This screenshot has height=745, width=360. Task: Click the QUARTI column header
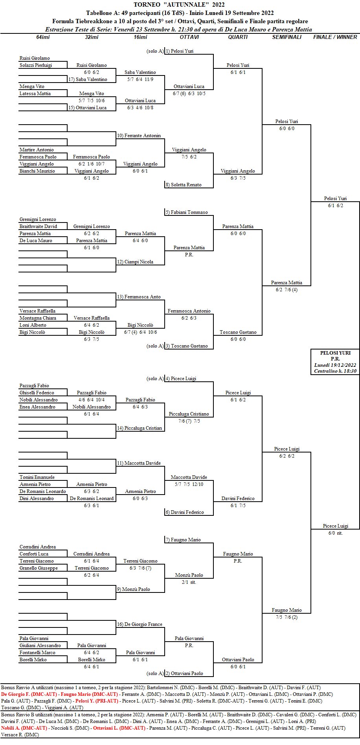[x=238, y=37]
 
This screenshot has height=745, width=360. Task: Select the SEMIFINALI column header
[x=287, y=37]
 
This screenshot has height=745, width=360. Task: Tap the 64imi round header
[x=43, y=37]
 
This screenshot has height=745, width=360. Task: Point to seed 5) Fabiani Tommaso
[x=187, y=212]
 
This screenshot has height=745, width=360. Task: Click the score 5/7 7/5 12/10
[x=189, y=484]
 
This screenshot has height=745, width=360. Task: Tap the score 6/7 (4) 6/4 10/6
[x=140, y=332]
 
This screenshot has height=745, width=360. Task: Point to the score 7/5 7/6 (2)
[x=287, y=617]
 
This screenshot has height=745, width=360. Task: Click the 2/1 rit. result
[x=189, y=582]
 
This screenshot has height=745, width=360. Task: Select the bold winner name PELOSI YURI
[x=335, y=353]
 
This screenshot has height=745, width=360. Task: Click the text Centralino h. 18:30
[x=335, y=371]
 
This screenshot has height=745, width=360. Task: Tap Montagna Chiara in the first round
[x=38, y=318]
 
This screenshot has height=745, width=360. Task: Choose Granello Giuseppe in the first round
[x=39, y=568]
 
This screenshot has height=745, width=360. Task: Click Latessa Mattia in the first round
[x=35, y=94]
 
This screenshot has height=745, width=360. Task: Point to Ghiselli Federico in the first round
[x=37, y=393]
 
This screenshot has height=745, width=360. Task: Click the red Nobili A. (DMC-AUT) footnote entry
[x=24, y=728]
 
